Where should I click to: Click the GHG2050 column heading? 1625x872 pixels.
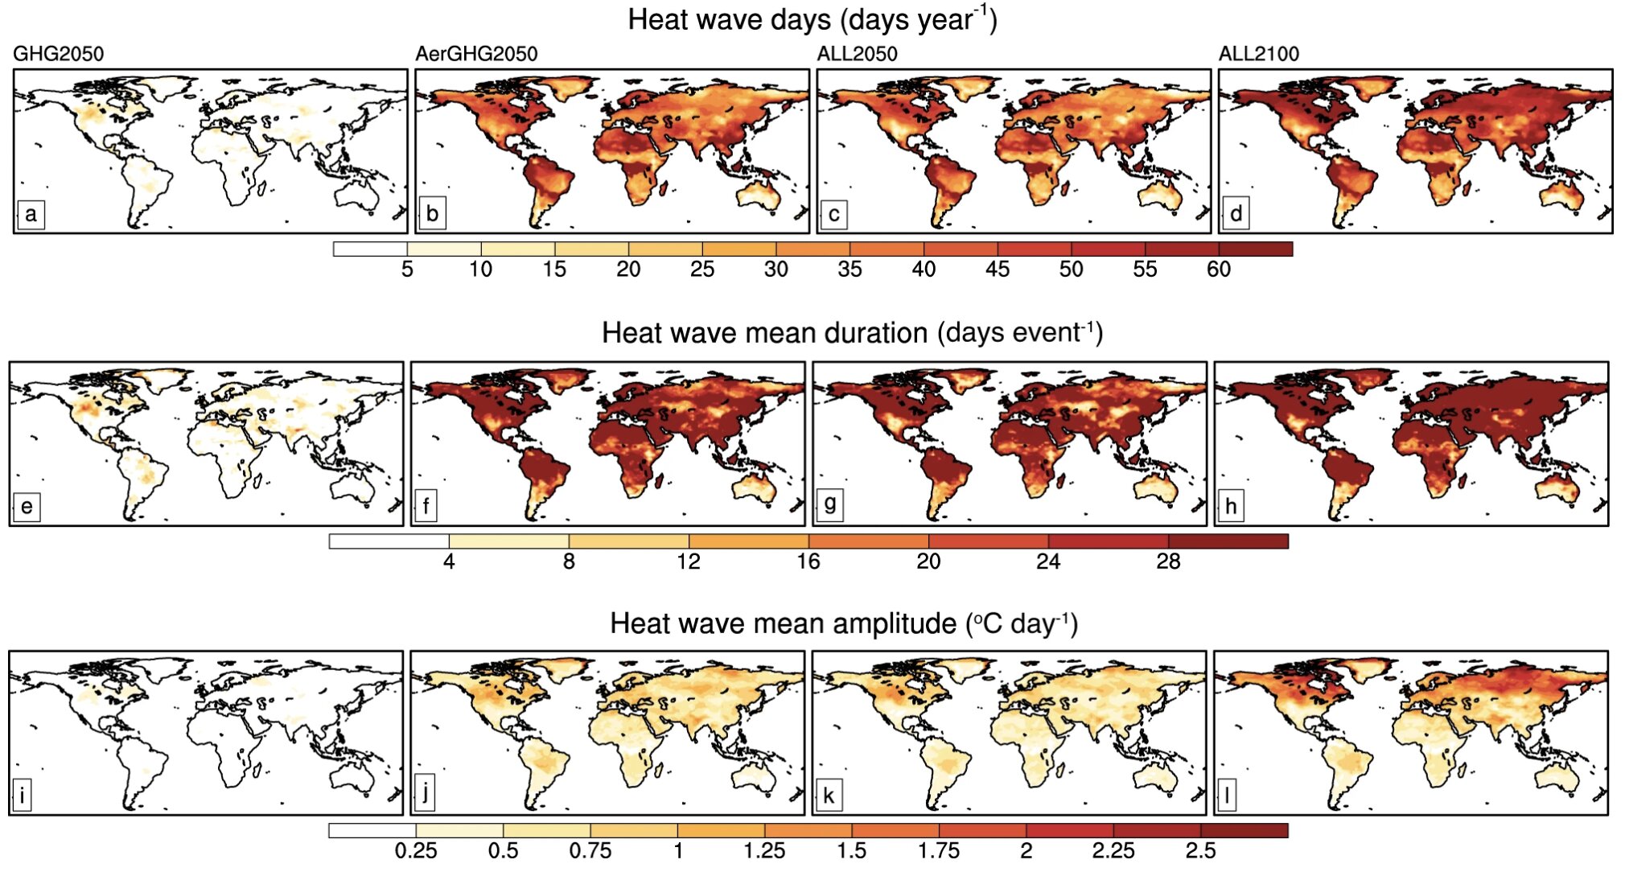58,54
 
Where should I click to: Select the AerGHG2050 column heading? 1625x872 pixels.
475,54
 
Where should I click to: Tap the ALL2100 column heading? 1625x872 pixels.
1258,54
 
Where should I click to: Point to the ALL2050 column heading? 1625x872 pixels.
857,54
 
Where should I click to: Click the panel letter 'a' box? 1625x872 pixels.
31,214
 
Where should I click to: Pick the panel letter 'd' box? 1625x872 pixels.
1236,214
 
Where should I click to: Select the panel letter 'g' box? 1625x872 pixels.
829,505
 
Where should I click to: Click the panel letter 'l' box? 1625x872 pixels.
1227,796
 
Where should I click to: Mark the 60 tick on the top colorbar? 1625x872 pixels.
1218,269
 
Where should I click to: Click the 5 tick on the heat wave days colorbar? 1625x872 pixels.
407,269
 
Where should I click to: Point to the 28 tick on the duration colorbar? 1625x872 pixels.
1168,561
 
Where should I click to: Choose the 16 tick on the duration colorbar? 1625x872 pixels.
808,561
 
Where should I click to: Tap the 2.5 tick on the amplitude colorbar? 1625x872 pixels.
1200,850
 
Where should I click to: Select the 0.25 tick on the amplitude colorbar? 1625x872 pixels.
416,850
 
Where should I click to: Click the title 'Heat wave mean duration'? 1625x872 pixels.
764,333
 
